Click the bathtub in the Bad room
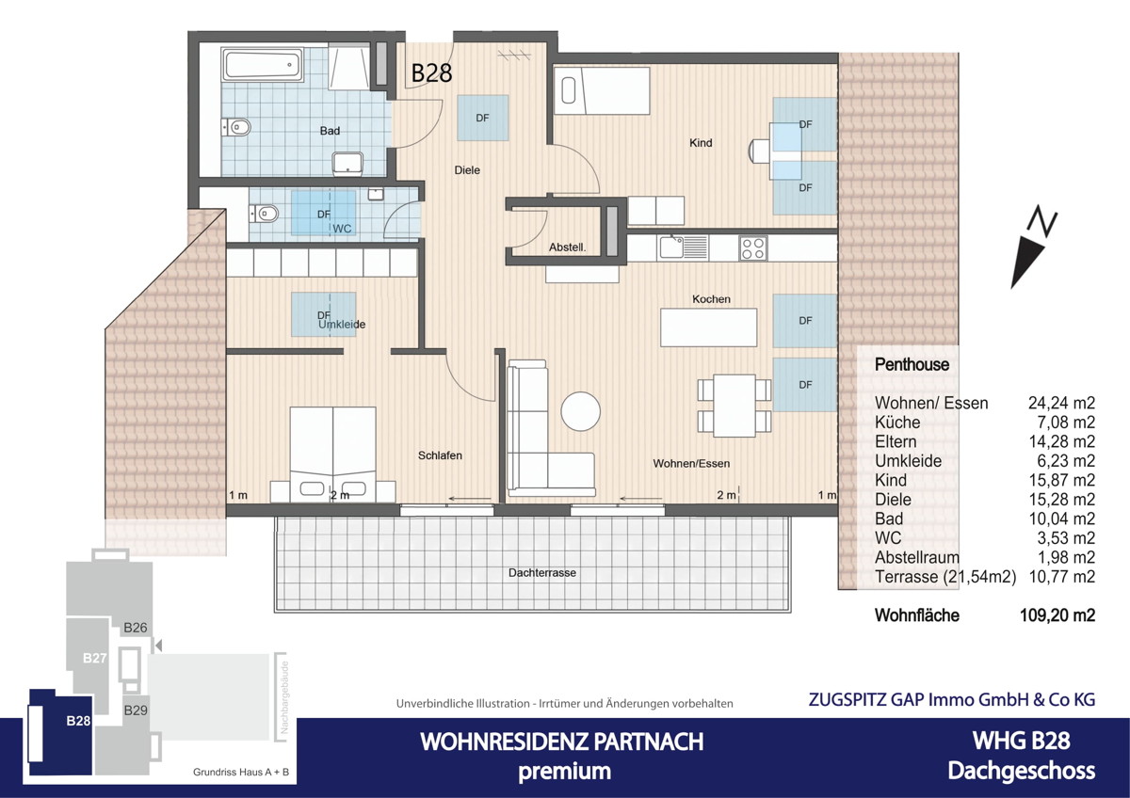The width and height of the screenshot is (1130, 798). (x=263, y=67)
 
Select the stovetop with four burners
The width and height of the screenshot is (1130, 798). (x=752, y=247)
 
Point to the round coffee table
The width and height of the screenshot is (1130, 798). (x=581, y=411)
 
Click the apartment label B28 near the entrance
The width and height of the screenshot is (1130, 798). (x=432, y=73)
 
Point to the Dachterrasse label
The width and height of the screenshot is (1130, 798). (x=541, y=572)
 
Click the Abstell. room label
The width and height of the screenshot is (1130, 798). (x=568, y=248)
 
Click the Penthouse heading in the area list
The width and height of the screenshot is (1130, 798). (x=912, y=364)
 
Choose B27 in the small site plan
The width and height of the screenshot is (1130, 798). (x=93, y=659)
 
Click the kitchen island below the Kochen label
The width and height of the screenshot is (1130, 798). (x=709, y=327)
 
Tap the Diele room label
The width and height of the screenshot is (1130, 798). (x=467, y=170)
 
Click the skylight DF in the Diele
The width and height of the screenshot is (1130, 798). (x=483, y=118)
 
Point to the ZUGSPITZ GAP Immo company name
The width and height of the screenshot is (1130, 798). (x=951, y=699)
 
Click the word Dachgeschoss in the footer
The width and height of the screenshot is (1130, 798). (x=1021, y=771)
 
